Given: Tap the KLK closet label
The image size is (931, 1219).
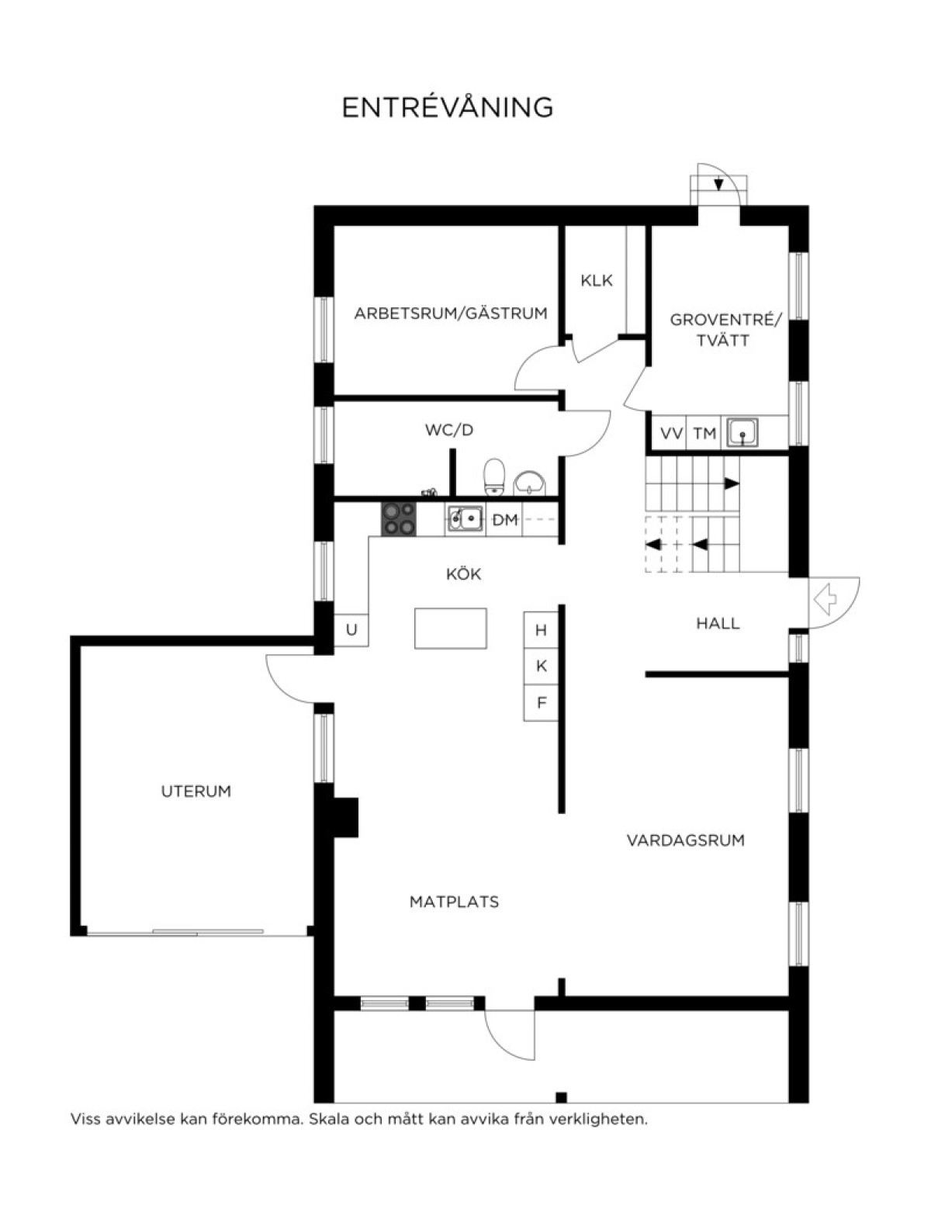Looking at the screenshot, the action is pyautogui.click(x=597, y=281).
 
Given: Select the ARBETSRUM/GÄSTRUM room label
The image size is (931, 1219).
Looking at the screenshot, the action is pyautogui.click(x=451, y=313).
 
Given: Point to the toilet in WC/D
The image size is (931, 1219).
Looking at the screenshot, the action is pyautogui.click(x=493, y=476).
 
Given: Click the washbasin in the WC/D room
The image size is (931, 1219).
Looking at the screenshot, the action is pyautogui.click(x=530, y=483).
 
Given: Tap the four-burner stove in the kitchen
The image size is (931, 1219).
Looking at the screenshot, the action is pyautogui.click(x=398, y=518).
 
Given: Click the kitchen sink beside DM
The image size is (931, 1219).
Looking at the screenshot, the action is pyautogui.click(x=465, y=519).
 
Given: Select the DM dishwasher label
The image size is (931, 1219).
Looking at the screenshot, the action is pyautogui.click(x=504, y=521).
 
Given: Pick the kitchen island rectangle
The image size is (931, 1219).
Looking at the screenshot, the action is pyautogui.click(x=450, y=628).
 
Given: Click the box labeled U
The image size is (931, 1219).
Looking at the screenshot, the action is pyautogui.click(x=351, y=630).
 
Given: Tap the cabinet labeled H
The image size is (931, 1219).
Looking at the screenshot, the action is pyautogui.click(x=541, y=630).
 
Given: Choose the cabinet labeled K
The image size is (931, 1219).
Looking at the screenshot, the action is pyautogui.click(x=541, y=666).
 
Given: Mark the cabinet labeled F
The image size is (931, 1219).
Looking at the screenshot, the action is pyautogui.click(x=541, y=702).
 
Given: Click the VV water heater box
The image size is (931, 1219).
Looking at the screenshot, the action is pyautogui.click(x=670, y=433).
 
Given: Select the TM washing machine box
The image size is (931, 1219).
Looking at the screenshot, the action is pyautogui.click(x=704, y=433).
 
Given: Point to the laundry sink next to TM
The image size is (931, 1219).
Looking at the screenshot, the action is pyautogui.click(x=742, y=432).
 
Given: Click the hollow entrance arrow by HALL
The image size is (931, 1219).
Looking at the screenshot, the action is pyautogui.click(x=825, y=599).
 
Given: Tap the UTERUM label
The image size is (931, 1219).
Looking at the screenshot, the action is pyautogui.click(x=196, y=791).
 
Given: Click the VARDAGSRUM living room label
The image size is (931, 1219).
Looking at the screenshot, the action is pyautogui.click(x=686, y=840).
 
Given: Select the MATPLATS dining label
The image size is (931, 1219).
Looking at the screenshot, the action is pyautogui.click(x=454, y=902).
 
